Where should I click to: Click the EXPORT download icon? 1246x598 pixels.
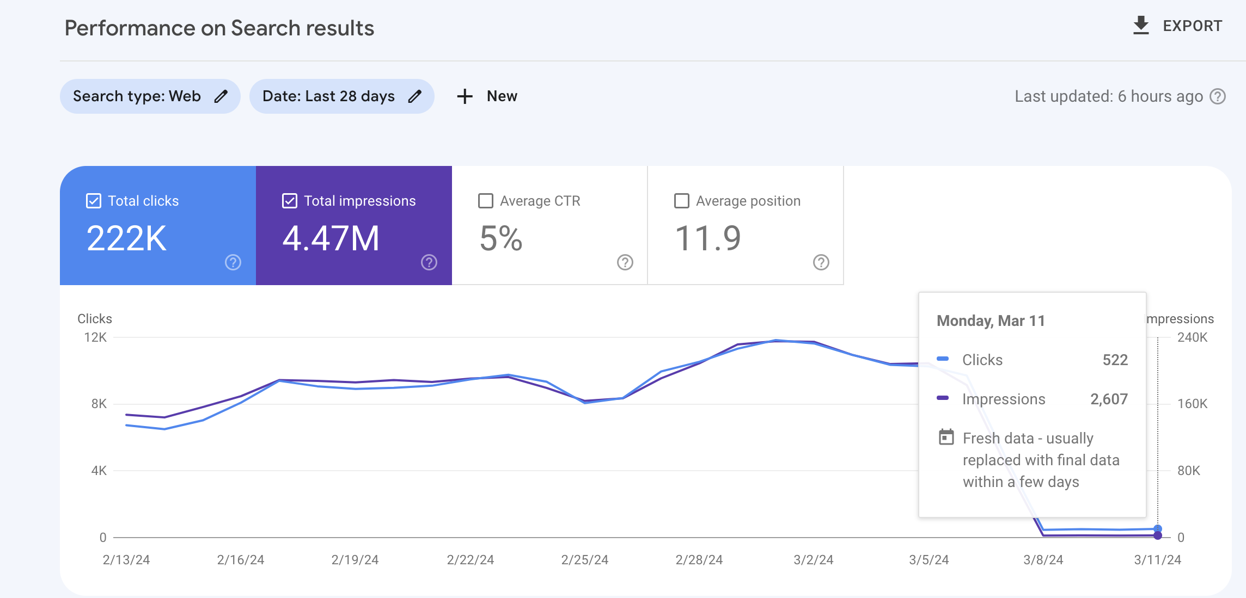(1141, 26)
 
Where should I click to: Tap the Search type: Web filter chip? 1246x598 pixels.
(150, 96)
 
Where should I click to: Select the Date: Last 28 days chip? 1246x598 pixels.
(342, 96)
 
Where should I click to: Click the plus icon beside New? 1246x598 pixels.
(465, 96)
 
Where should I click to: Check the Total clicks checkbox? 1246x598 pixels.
(94, 201)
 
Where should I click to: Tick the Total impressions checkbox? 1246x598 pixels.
(290, 201)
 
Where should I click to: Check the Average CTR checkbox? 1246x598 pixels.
(486, 201)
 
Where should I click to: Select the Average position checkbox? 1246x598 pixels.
(682, 201)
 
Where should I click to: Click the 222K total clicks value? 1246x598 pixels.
(126, 238)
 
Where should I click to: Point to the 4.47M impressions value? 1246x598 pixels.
(331, 238)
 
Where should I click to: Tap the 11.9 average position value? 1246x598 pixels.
(708, 238)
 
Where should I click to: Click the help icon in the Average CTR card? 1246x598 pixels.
(625, 262)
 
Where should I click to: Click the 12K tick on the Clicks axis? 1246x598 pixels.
(95, 337)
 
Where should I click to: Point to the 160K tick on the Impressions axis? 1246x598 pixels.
(1192, 404)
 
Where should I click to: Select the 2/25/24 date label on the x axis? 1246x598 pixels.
(585, 560)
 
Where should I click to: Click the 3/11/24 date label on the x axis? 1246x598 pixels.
(1158, 560)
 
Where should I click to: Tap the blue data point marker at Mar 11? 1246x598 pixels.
(1158, 529)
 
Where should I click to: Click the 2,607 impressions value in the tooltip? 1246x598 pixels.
(1109, 399)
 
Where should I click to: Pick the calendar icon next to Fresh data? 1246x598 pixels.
(946, 437)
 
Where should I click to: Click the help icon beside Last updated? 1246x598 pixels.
(1218, 96)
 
